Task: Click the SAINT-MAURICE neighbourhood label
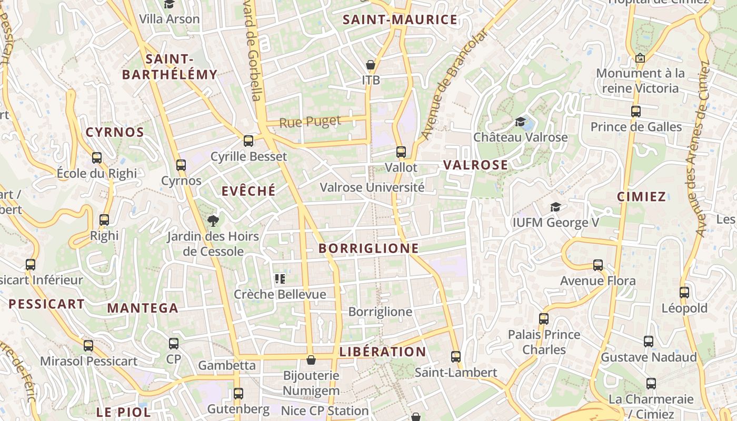pos(400,20)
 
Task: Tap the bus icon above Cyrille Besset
pos(248,141)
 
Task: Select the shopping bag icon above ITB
pos(371,65)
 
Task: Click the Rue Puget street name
pos(310,122)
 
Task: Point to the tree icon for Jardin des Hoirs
pos(213,220)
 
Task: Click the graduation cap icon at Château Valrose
pos(520,122)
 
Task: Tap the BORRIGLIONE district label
pos(368,248)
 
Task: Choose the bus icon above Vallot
pos(401,152)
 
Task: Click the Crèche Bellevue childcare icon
pos(280,279)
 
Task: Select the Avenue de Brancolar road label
pos(454,84)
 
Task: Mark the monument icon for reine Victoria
pos(640,58)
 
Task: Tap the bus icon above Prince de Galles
pos(636,112)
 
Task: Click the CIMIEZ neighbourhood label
pos(641,197)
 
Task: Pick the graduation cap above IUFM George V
pos(555,207)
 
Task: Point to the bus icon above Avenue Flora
pos(598,265)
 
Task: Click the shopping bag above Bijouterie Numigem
pos(311,360)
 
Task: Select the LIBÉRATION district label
pos(383,352)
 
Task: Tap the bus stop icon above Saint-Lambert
pos(456,357)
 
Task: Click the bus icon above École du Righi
pos(97,157)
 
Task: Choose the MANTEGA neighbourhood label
pos(143,308)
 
